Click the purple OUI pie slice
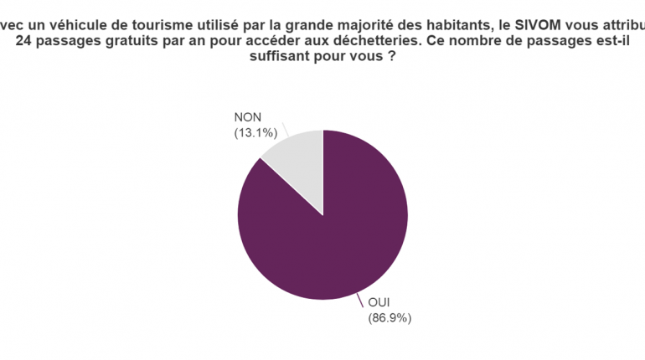coord(335,234)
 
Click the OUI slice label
coord(380,303)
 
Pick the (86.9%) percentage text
coord(390,317)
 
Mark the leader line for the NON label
coord(286,130)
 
